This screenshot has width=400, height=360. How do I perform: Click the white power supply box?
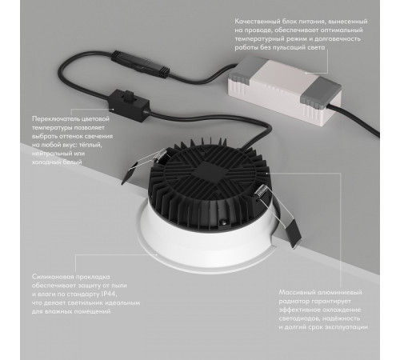[284, 90]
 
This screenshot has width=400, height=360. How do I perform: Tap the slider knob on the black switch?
[129, 97]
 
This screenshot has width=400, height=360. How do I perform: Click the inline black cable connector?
[141, 64]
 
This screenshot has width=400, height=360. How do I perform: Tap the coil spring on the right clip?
[262, 192]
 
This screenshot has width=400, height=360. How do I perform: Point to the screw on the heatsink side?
[222, 221]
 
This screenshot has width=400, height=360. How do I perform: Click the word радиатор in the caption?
[293, 302]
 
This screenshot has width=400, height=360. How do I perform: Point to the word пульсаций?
[289, 47]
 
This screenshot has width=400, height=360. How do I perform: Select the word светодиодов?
[299, 318]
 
